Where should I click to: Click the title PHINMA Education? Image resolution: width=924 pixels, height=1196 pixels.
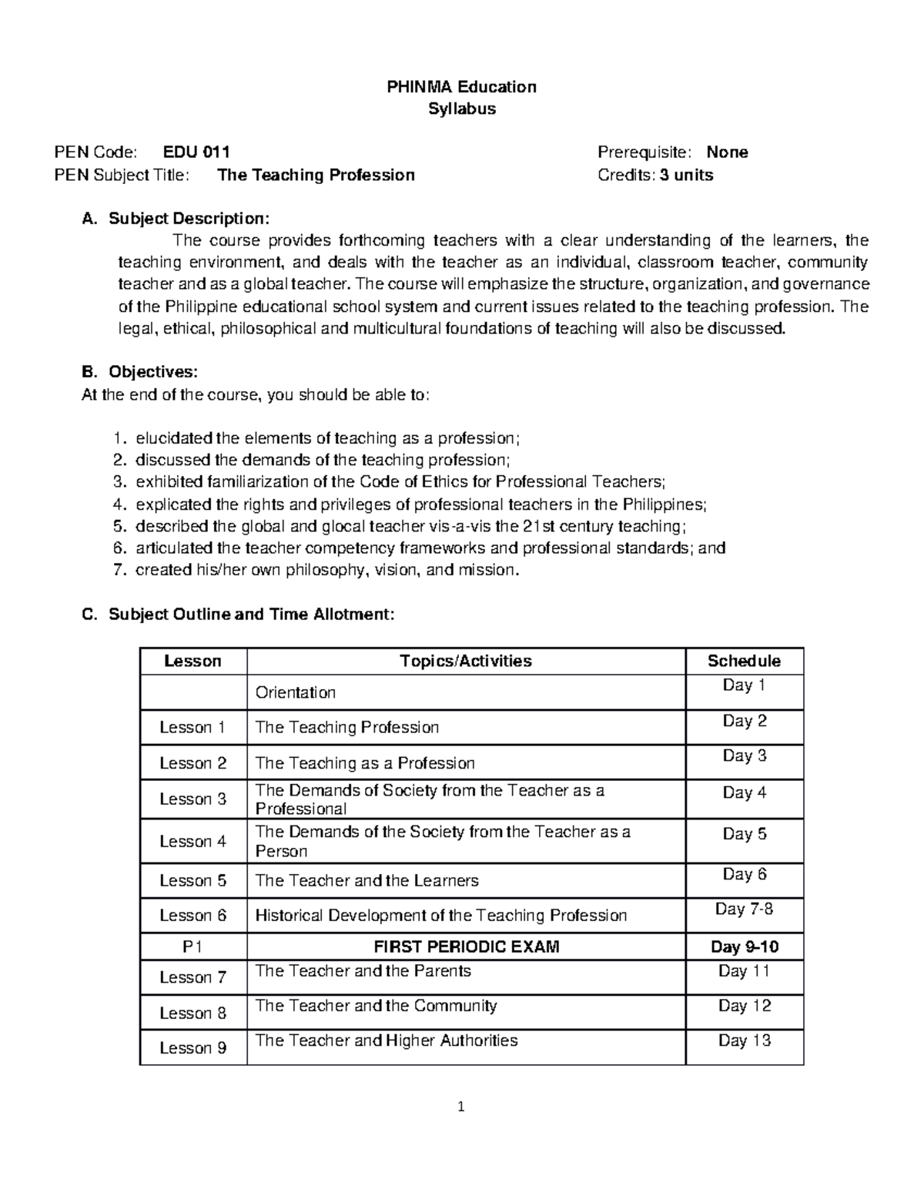pyautogui.click(x=461, y=86)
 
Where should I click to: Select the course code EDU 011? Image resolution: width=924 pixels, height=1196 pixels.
pyautogui.click(x=196, y=152)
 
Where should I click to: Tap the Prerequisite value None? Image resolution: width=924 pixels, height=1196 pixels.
pyautogui.click(x=727, y=152)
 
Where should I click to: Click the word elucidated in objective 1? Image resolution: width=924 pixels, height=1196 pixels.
pyautogui.click(x=174, y=438)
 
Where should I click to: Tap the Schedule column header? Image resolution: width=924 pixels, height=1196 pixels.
pyautogui.click(x=744, y=661)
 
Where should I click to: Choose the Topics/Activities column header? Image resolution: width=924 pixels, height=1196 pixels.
pyautogui.click(x=466, y=661)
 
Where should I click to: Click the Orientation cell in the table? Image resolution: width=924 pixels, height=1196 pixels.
pyautogui.click(x=296, y=692)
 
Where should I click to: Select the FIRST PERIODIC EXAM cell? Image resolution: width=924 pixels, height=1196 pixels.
pyautogui.click(x=466, y=946)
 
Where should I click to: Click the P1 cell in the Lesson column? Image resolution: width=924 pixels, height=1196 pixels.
pyautogui.click(x=193, y=946)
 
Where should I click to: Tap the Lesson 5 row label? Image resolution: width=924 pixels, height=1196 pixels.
pyautogui.click(x=193, y=880)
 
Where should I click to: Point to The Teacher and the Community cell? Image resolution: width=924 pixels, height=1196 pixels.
pyautogui.click(x=376, y=1006)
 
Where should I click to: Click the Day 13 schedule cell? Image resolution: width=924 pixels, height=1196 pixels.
pyautogui.click(x=744, y=1040)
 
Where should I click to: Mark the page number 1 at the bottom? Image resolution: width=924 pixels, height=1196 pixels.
pyautogui.click(x=461, y=1108)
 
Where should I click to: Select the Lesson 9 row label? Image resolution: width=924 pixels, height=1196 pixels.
pyautogui.click(x=193, y=1047)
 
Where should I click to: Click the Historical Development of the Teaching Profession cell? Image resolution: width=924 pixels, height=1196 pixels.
pyautogui.click(x=440, y=915)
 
